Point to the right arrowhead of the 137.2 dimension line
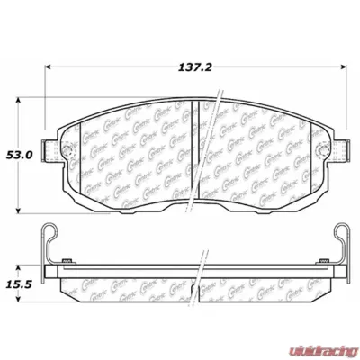pyautogui.click(x=346, y=67)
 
